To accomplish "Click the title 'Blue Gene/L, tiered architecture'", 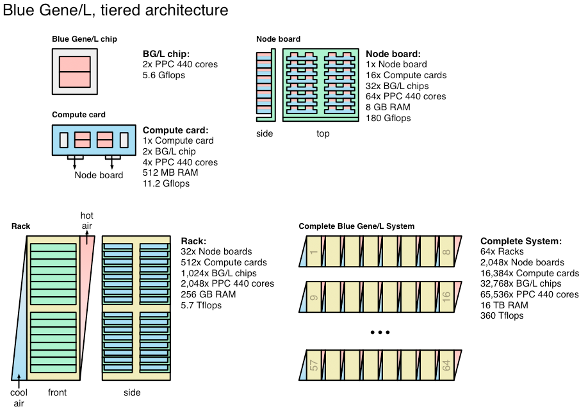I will [116, 11].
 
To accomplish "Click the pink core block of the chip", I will [75, 71].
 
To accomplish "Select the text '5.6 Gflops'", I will [164, 75].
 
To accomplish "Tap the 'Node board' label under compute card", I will [99, 176].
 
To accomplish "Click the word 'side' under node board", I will [264, 134].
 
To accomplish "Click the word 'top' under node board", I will [323, 134].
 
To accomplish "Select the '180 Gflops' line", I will [389, 118].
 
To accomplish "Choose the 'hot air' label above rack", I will [87, 221].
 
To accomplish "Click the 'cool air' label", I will [19, 398].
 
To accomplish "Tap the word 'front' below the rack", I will [57, 392].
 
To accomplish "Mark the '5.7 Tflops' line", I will [201, 305].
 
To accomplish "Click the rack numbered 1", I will [314, 252].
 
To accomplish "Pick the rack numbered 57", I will [314, 366].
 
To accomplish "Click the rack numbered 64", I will [446, 366].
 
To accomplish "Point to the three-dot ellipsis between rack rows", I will [380, 332].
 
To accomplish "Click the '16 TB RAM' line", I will [504, 305].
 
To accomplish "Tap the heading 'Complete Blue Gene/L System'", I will [356, 226].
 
